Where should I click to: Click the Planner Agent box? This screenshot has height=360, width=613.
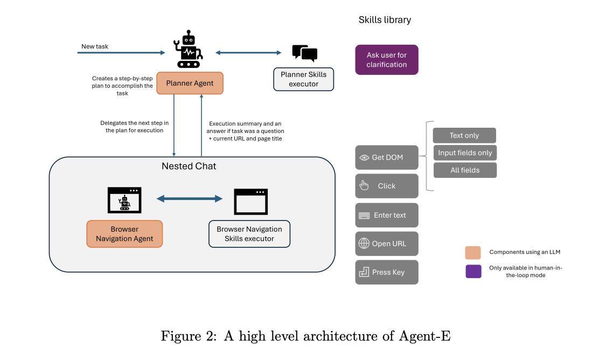(190, 83)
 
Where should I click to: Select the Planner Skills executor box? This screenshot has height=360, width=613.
(303, 79)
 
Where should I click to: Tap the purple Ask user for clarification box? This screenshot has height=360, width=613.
(387, 60)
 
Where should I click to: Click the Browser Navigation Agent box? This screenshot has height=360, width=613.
(124, 234)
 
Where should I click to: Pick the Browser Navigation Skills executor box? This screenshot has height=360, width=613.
(249, 234)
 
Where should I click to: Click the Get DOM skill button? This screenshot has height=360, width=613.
(387, 157)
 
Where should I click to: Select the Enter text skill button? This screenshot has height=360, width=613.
(387, 215)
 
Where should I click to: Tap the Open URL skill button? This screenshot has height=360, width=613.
(387, 244)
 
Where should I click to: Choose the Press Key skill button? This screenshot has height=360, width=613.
(387, 272)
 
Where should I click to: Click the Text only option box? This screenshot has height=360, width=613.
(464, 135)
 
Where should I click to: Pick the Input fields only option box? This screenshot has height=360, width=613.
(465, 153)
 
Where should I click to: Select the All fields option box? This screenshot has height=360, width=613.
(465, 170)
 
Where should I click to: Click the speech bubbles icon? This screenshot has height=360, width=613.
(304, 53)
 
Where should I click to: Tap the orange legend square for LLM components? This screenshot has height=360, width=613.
(473, 252)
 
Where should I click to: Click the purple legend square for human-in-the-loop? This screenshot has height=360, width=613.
(473, 271)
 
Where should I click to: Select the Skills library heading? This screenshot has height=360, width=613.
(385, 20)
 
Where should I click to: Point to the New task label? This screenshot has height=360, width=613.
(95, 46)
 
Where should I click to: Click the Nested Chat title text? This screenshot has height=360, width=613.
(189, 166)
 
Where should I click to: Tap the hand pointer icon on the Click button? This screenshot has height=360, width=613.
(365, 186)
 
